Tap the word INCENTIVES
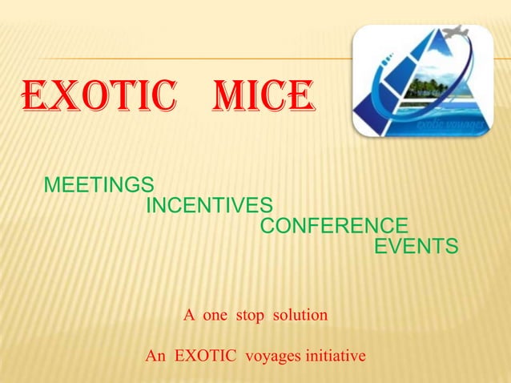[209, 206]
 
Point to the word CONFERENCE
[334, 226]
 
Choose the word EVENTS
[416, 246]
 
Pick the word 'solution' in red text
[300, 315]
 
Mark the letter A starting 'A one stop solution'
[189, 315]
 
